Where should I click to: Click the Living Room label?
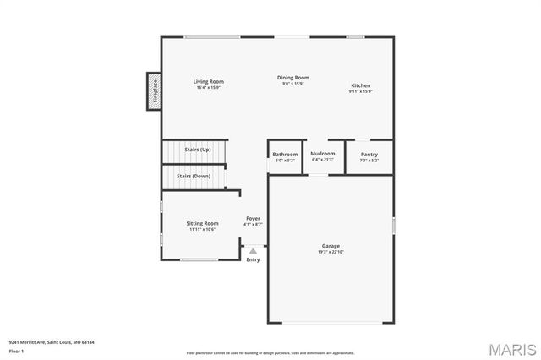pos(210,81)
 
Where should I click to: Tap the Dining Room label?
pos(293,78)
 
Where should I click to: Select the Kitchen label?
pos(361,85)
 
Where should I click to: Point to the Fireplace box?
pos(155,90)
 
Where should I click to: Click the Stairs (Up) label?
pos(198,149)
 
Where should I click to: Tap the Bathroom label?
pos(285,154)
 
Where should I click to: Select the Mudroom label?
pos(323,154)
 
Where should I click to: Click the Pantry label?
pos(369,154)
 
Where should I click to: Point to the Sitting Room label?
pos(203,223)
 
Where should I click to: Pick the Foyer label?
pos(253,219)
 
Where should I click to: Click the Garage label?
pos(331,246)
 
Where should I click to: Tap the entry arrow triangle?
pos(253,250)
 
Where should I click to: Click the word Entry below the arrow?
pos(253,259)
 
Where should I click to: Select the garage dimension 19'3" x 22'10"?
pos(331,252)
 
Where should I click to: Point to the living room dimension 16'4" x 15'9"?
pos(210,87)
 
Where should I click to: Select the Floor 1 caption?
pos(17,350)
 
